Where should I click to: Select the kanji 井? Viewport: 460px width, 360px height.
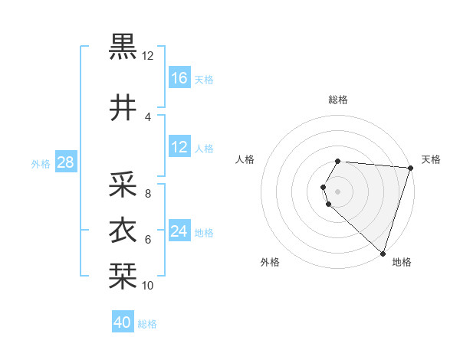click(123, 109)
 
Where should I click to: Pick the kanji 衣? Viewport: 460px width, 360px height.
click(123, 231)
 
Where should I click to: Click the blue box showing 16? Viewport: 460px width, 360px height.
click(179, 78)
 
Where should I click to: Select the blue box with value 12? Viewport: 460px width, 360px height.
click(179, 147)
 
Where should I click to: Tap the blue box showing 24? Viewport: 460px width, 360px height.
click(179, 231)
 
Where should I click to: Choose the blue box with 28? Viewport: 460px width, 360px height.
click(65, 162)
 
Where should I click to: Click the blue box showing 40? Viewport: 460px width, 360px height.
click(123, 323)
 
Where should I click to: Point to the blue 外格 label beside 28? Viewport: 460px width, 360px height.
click(41, 163)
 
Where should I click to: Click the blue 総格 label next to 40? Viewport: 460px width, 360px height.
click(148, 324)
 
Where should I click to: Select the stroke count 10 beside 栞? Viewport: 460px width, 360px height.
click(147, 285)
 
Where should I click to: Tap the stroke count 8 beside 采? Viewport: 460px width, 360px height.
click(147, 194)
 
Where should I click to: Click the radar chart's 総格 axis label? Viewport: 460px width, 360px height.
click(338, 100)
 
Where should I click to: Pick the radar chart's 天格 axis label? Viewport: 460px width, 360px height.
click(432, 159)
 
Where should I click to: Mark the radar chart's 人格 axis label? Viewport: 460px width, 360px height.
click(245, 159)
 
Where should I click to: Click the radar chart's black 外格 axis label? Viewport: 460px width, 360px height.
click(270, 262)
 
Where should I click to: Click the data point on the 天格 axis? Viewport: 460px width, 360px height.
click(410, 169)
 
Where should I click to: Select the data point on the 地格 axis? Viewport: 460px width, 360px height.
click(383, 253)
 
